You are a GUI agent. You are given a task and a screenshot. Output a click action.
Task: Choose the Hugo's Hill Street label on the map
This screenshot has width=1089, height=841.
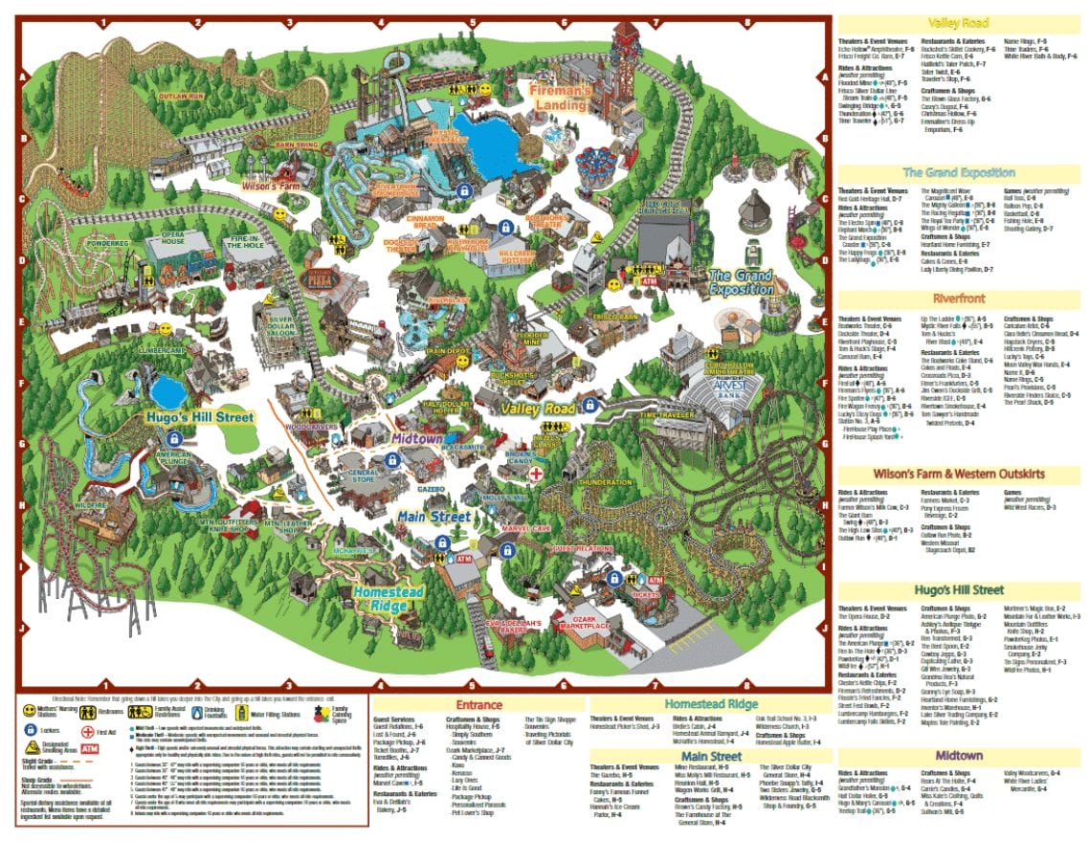(x=200, y=417)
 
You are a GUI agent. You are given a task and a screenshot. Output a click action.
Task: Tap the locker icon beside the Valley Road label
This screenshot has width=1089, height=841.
(x=590, y=405)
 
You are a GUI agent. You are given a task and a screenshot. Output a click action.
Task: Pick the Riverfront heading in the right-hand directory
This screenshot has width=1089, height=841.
(x=959, y=299)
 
